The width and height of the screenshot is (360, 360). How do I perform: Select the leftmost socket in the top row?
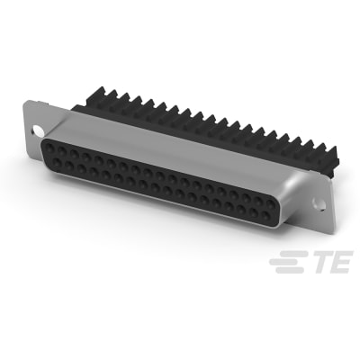[x=50, y=143]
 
